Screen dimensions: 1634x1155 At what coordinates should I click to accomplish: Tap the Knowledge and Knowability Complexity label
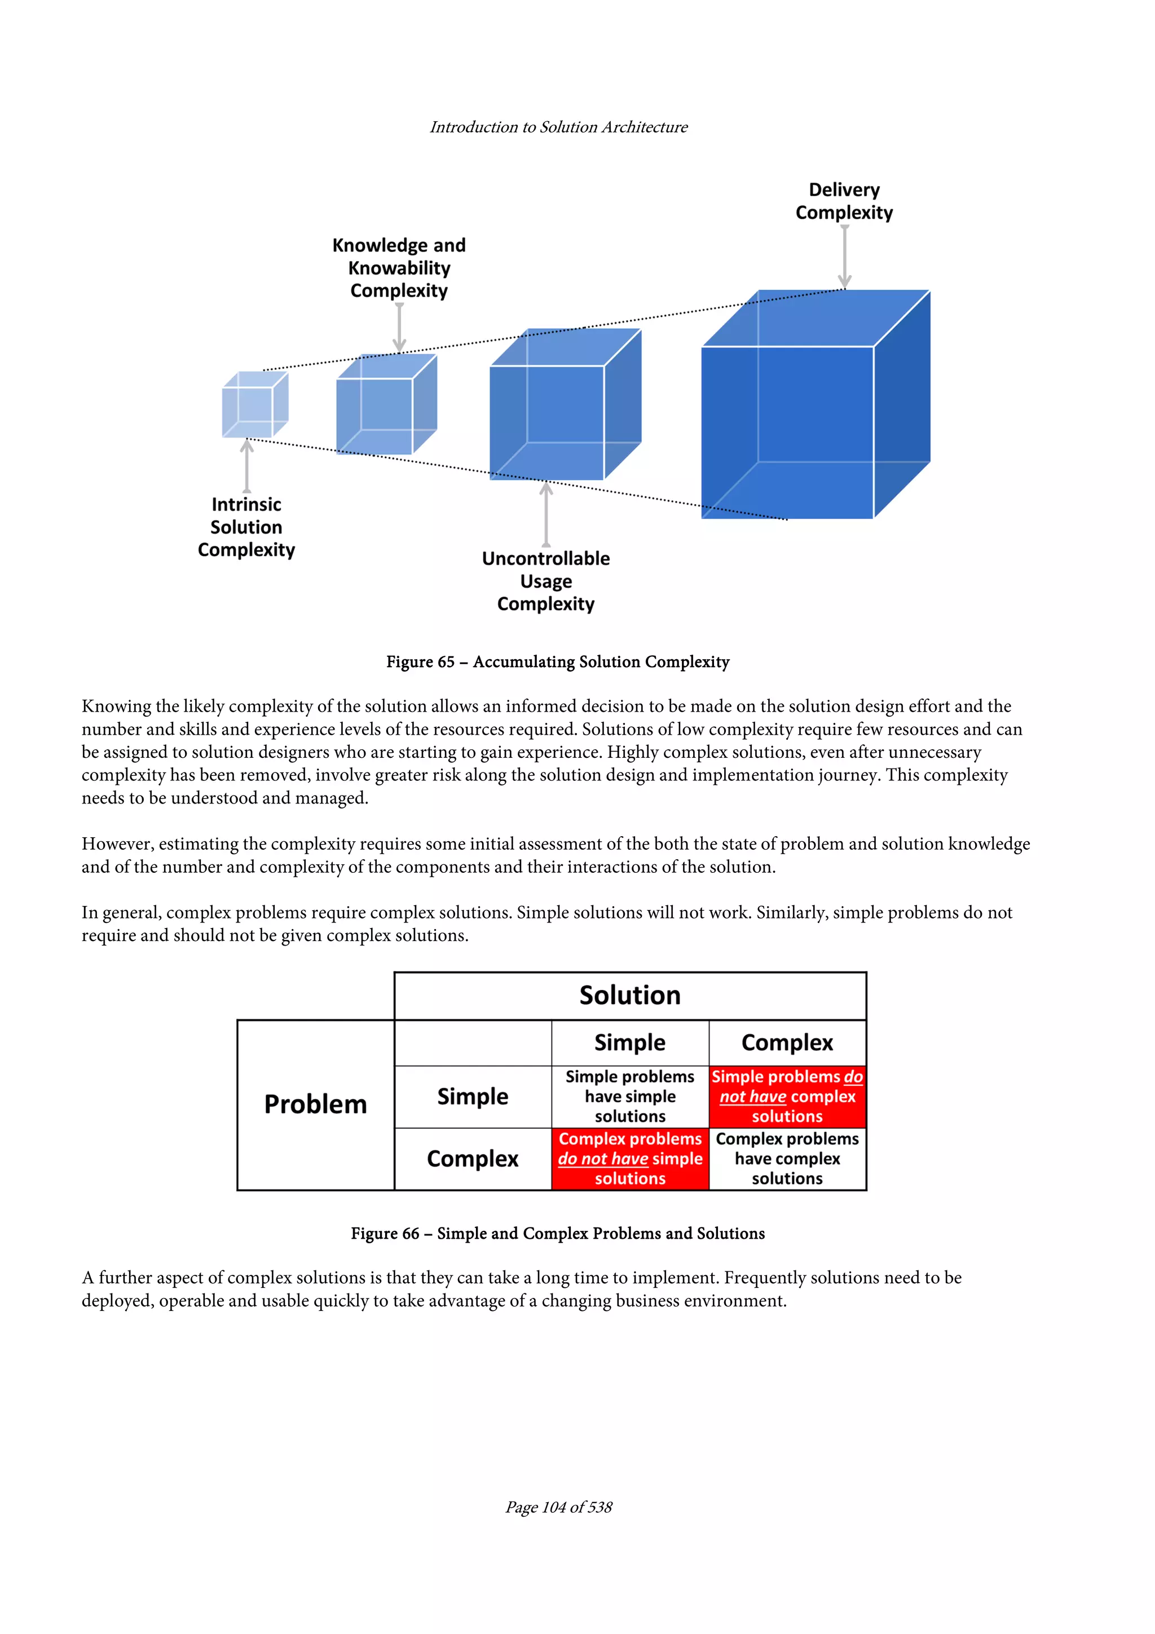point(399,268)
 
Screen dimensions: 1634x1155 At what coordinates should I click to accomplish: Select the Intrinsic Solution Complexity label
point(246,527)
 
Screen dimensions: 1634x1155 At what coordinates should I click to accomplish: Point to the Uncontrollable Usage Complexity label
point(545,581)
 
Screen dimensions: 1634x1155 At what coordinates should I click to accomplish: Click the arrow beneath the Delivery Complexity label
point(844,256)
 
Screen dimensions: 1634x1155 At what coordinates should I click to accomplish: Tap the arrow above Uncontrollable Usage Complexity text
point(546,514)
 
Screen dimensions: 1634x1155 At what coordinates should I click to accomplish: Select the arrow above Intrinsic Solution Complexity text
point(246,466)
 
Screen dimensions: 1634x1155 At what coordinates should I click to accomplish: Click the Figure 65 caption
point(557,662)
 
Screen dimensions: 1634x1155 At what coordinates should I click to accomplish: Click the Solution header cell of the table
point(630,995)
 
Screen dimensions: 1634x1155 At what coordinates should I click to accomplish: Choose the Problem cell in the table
point(315,1104)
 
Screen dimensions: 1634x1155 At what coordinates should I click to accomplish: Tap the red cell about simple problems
point(787,1096)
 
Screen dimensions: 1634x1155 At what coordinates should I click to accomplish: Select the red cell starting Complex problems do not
point(630,1158)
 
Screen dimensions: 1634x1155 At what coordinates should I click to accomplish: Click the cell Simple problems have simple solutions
point(630,1096)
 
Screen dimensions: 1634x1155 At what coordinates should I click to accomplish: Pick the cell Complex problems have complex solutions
point(787,1158)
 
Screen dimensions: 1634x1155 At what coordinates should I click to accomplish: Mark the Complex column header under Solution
point(787,1043)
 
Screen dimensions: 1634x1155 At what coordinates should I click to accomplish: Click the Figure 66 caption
point(557,1233)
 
